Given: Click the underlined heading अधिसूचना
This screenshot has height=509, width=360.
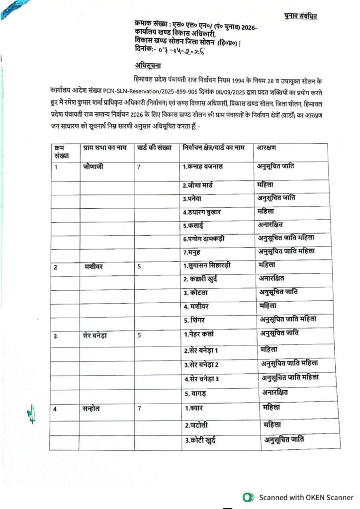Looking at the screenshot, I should [148, 66].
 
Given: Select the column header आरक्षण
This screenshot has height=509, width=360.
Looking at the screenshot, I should [267, 148].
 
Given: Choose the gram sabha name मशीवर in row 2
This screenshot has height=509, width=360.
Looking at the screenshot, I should [93, 266].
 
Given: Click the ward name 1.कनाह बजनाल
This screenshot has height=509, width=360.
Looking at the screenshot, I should [206, 166].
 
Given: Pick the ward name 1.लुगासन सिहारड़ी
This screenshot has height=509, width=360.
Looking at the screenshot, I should [214, 265].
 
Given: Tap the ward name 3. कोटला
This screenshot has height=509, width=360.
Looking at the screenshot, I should [198, 291].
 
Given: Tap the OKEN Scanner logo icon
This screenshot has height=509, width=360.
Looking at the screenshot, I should [246, 497].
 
